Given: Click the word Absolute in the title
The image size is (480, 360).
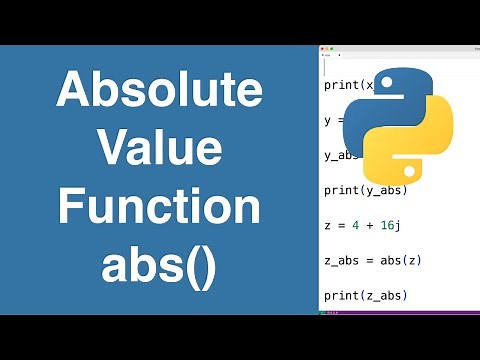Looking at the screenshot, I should (159, 92).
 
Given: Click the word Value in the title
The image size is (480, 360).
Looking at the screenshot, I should (159, 150).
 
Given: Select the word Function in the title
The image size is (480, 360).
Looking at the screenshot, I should (159, 208).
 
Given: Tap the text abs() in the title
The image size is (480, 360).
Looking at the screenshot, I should (159, 266).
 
